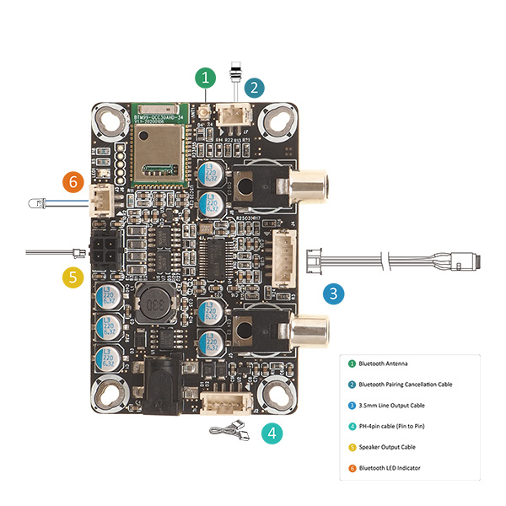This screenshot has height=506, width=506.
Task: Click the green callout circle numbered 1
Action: click(206, 79)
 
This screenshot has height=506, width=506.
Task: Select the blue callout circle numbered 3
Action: click(335, 294)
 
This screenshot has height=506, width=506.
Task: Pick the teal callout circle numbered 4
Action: click(272, 433)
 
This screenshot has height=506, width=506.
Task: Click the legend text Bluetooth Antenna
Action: click(383, 363)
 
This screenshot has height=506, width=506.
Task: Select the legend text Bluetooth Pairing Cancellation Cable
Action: click(405, 385)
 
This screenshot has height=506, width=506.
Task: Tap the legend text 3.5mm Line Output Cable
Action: click(392, 406)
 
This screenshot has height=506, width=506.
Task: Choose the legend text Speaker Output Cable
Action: click(389, 447)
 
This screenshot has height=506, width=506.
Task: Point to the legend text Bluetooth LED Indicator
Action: click(390, 468)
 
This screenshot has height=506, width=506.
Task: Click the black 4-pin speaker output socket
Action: click(106, 252)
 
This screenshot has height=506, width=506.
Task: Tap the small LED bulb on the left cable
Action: click(35, 203)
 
